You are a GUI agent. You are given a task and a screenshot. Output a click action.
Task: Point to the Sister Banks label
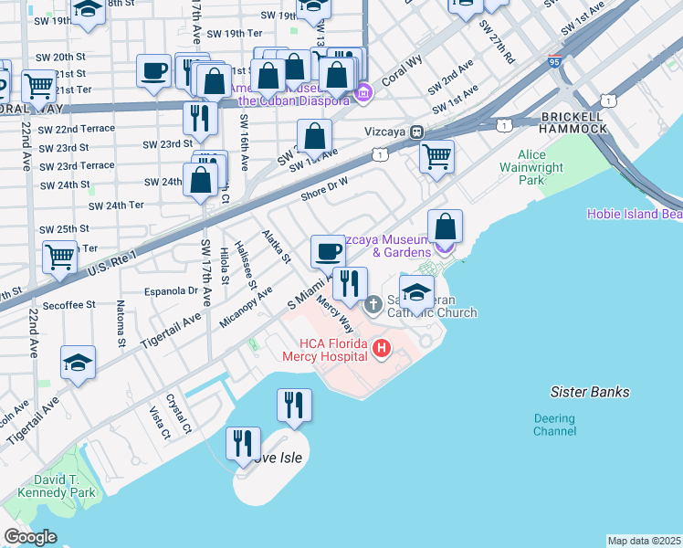click(590, 392)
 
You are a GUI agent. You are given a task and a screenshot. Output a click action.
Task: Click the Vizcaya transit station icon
click(415, 131)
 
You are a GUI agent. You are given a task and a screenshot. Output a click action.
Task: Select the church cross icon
click(373, 304)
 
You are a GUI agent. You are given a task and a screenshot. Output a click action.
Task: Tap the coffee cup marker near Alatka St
click(328, 250)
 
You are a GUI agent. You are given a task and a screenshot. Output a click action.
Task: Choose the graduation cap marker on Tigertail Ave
click(79, 362)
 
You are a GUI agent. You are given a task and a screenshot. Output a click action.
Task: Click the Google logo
click(30, 537)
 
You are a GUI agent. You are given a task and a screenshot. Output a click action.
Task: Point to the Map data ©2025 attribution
click(643, 541)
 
